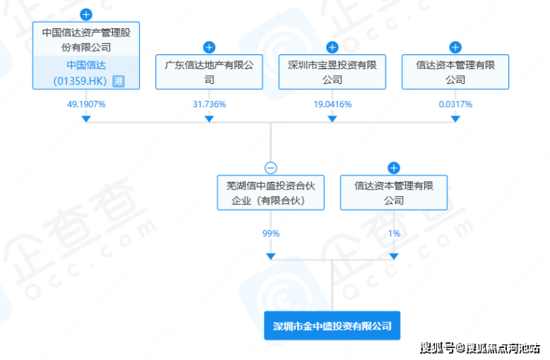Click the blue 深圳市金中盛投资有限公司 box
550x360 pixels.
coord(331,326)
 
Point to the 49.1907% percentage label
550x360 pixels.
coord(86,103)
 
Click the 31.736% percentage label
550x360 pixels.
coord(209,103)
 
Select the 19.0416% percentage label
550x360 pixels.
coord(332,103)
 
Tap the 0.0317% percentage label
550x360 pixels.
coord(455,103)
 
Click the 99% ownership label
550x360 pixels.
coord(271,233)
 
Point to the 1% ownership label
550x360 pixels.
coord(394,233)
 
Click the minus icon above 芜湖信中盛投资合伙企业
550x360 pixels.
coord(271,168)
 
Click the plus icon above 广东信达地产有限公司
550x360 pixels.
coord(209,48)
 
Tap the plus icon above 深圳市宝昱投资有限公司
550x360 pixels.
coord(332,48)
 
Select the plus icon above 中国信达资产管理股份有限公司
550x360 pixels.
coord(86,14)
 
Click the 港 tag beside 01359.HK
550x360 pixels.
coord(117,80)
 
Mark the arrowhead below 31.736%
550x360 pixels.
coord(209,118)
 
